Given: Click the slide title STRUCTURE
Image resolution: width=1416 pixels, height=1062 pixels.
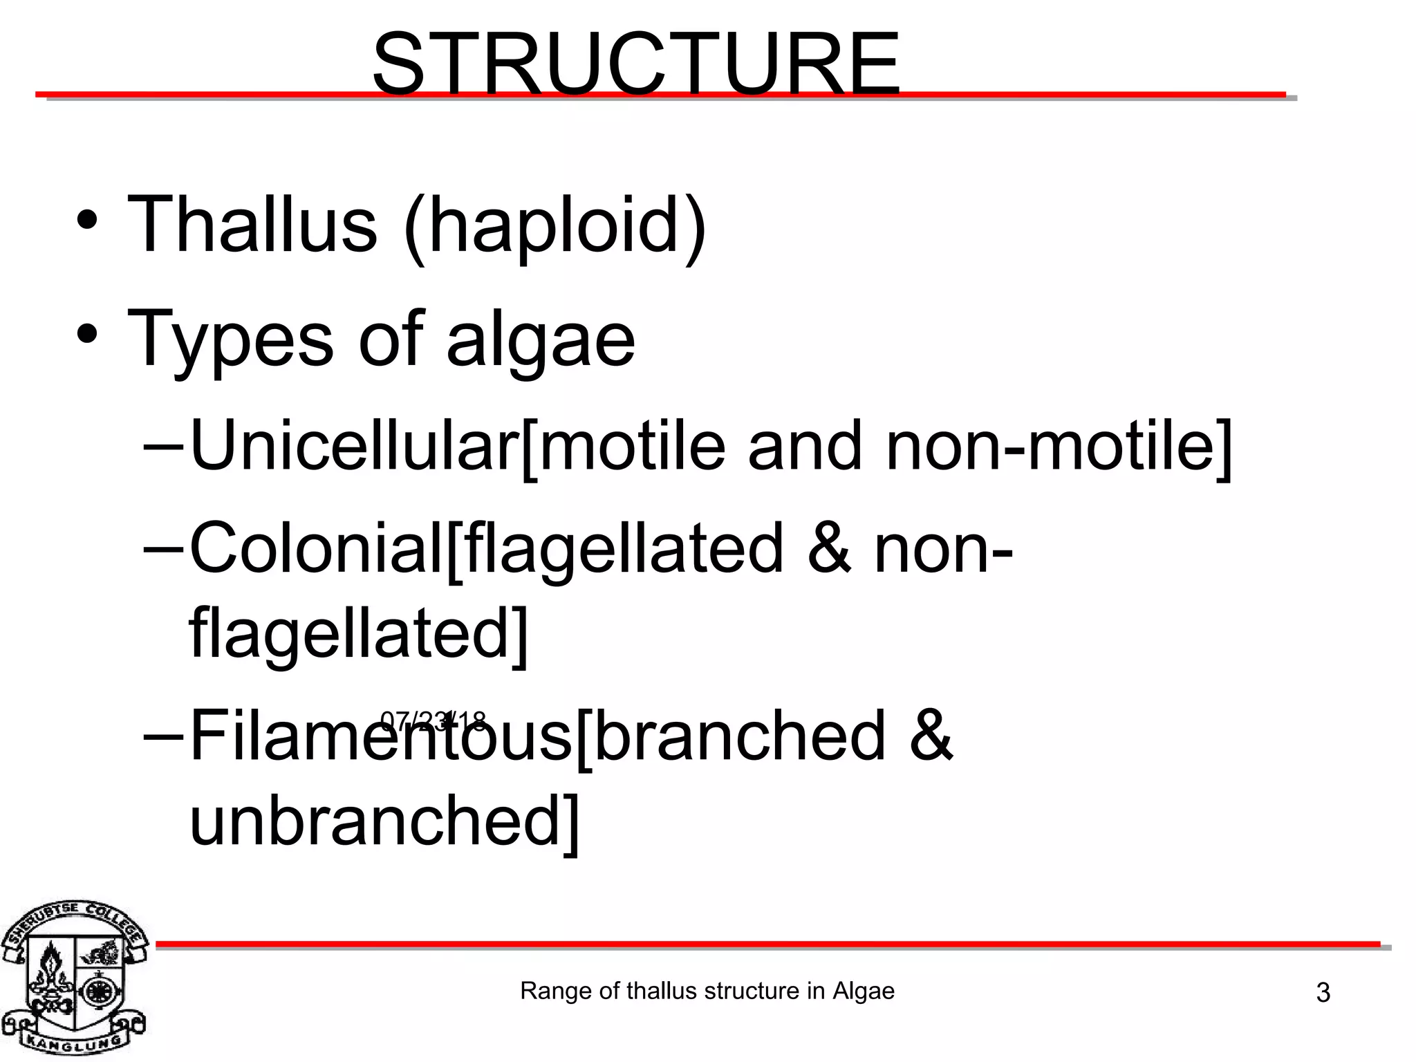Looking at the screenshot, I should pyautogui.click(x=636, y=64).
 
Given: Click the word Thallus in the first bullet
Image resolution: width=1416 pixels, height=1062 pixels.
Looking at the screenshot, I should pyautogui.click(x=252, y=225).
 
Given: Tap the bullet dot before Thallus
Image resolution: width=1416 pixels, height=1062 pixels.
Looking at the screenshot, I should pyautogui.click(x=87, y=221).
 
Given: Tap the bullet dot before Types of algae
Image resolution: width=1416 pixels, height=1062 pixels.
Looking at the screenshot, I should pyautogui.click(x=87, y=335).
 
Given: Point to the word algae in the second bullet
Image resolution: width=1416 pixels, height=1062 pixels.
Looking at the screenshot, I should pyautogui.click(x=541, y=342).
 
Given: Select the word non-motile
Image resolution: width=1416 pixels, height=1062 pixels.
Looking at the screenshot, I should pyautogui.click(x=1058, y=446).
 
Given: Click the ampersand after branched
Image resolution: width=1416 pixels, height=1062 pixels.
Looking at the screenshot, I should pyautogui.click(x=931, y=736).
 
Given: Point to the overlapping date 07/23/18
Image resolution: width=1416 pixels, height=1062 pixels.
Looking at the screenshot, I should pyautogui.click(x=434, y=722).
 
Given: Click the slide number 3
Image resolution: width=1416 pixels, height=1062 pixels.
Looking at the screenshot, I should pyautogui.click(x=1323, y=993).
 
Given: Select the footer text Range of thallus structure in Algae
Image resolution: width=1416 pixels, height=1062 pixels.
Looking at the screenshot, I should pyautogui.click(x=707, y=991).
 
